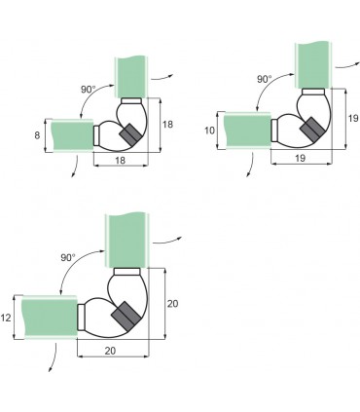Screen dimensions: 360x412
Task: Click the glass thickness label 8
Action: coord(37,135)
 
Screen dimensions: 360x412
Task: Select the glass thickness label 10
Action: coord(210,131)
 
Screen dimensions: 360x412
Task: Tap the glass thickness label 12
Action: coord(6,318)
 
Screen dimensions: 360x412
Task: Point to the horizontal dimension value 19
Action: coord(301,158)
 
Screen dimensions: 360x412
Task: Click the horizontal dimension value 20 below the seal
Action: coord(110,351)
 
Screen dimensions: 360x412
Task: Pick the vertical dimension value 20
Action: coord(172,304)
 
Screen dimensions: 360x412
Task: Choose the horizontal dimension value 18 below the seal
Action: coord(120,161)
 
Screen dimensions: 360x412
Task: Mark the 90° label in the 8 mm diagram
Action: coord(89,90)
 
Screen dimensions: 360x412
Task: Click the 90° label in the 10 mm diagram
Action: coord(265,79)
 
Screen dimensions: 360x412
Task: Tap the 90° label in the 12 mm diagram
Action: coord(68,258)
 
